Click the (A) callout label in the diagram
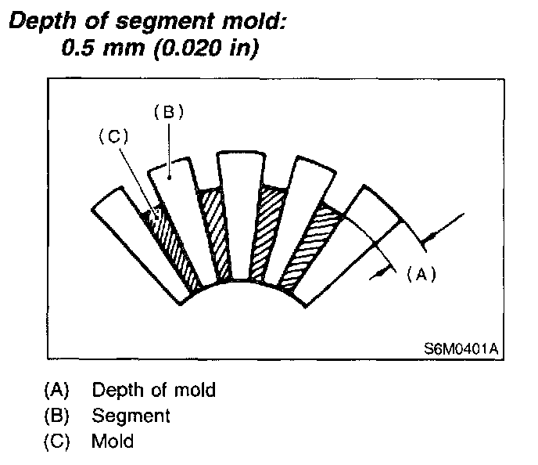click(419, 274)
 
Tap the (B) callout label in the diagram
click(167, 112)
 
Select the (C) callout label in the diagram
click(113, 135)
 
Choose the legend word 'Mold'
click(113, 441)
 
